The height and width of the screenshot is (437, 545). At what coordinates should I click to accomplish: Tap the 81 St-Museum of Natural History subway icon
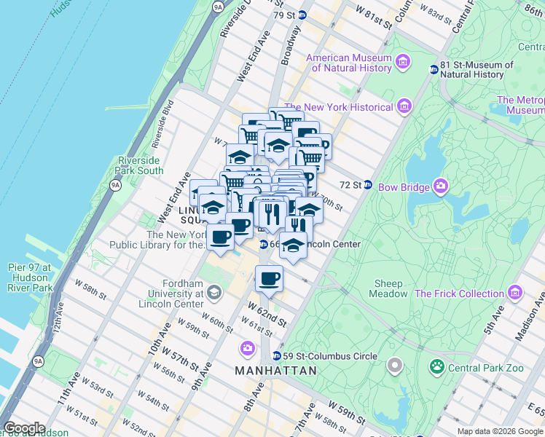tap(434, 70)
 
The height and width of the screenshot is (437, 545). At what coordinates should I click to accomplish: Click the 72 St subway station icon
tap(368, 185)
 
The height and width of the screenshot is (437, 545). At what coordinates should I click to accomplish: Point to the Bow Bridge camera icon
tap(441, 187)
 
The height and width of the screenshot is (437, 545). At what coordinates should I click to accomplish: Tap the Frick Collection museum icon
tap(516, 294)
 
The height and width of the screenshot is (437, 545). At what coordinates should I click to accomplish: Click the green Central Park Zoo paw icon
tap(437, 367)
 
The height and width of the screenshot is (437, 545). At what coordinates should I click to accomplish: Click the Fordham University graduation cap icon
tap(213, 293)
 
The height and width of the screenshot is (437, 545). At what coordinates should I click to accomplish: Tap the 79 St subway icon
tap(302, 15)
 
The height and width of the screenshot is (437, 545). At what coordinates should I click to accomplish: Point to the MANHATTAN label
tap(276, 371)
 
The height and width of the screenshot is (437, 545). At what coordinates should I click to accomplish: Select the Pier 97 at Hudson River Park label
tap(27, 277)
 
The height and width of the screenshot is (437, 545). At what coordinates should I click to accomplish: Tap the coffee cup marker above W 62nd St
tap(269, 278)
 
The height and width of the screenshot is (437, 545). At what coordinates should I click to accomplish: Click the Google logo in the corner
tap(24, 428)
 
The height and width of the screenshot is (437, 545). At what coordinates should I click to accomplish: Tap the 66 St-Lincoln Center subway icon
tap(263, 244)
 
